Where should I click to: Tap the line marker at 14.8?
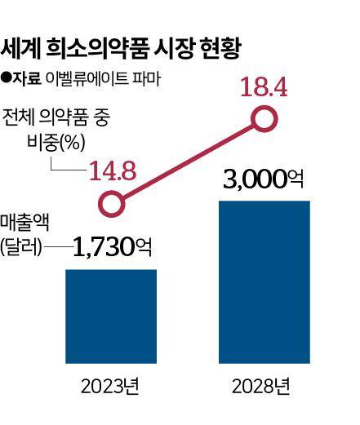pos(109,201)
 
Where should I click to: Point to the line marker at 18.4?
pos(263,120)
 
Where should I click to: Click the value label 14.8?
pos(113,170)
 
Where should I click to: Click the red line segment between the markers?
pos(188,160)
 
